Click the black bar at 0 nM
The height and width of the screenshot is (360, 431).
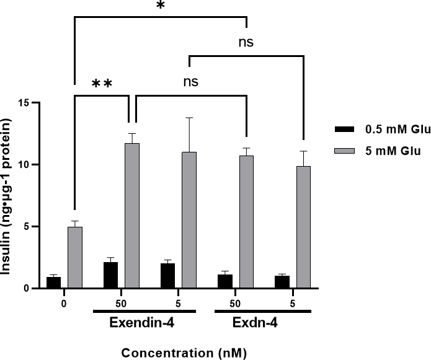pyautogui.click(x=54, y=283)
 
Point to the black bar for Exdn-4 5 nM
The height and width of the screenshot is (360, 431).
pyautogui.click(x=282, y=282)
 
